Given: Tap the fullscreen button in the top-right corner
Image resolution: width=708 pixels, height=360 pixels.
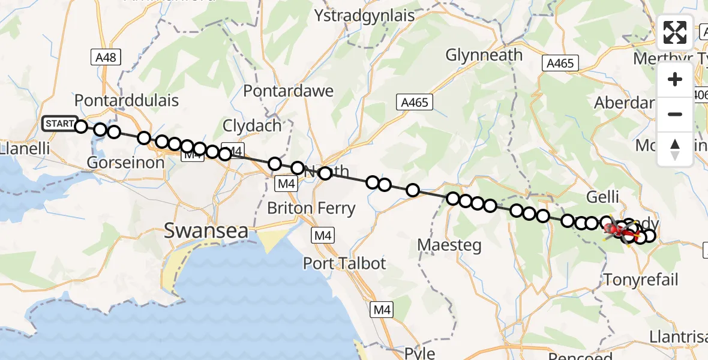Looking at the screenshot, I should pyautogui.click(x=675, y=32).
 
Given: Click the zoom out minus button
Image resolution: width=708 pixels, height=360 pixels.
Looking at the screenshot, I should pyautogui.click(x=675, y=114).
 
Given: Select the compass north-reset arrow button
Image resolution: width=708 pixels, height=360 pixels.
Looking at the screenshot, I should pyautogui.click(x=675, y=149).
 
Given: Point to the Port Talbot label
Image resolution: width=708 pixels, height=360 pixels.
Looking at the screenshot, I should pyautogui.click(x=344, y=263).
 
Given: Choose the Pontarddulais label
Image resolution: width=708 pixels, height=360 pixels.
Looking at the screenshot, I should pyautogui.click(x=126, y=100).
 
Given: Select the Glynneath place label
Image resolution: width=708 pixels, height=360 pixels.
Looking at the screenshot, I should pyautogui.click(x=484, y=55).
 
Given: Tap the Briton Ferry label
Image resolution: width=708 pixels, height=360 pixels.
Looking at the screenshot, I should pyautogui.click(x=311, y=209).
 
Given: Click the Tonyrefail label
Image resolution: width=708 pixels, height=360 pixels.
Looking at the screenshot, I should pyautogui.click(x=641, y=279).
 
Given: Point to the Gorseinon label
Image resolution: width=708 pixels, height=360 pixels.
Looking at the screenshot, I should pyautogui.click(x=125, y=163).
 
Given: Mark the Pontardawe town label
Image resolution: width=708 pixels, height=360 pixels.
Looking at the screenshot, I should pyautogui.click(x=288, y=91).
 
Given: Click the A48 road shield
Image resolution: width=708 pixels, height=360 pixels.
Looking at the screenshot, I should pyautogui.click(x=106, y=58).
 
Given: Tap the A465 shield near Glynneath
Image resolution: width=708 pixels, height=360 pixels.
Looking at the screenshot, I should pyautogui.click(x=560, y=63).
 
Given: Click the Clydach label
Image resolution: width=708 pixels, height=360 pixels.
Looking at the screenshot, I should pyautogui.click(x=252, y=126).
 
